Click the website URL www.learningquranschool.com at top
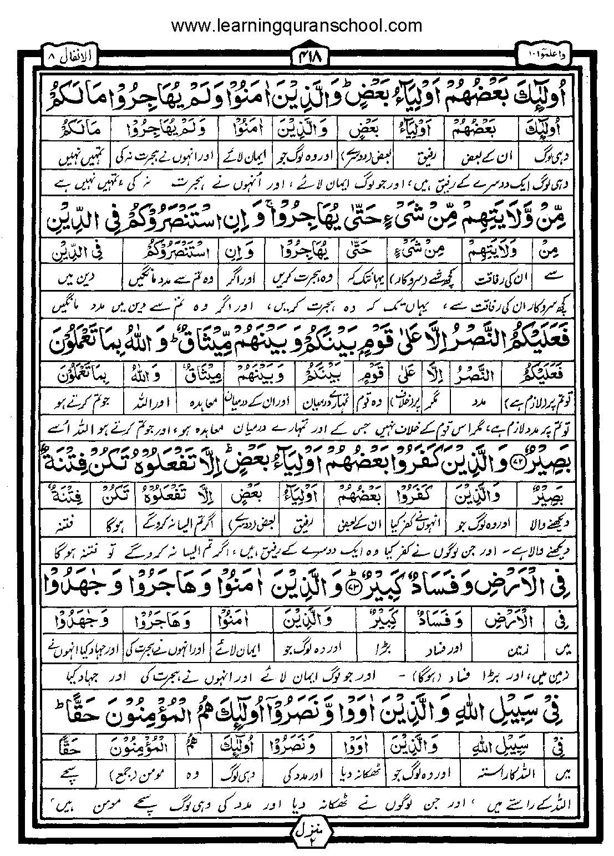pos(297,25)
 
